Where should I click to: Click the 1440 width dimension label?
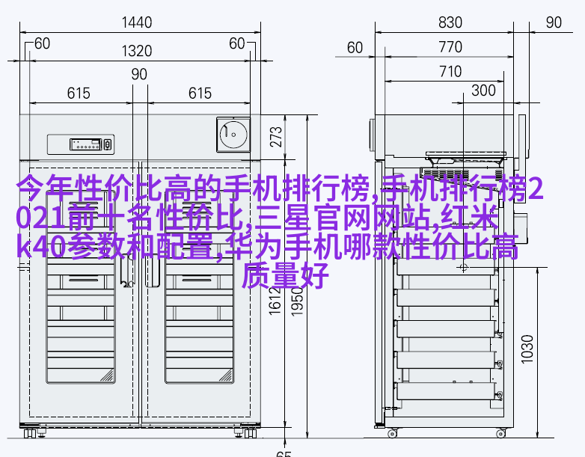click(137, 22)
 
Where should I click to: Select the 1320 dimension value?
click(137, 51)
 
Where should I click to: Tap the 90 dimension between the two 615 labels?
click(139, 74)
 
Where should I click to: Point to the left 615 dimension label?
click(79, 93)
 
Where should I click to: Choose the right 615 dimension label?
click(200, 93)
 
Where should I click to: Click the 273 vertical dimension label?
click(276, 137)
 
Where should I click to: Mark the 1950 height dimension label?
click(297, 302)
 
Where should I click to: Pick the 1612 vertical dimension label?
click(275, 301)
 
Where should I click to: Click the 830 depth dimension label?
click(450, 22)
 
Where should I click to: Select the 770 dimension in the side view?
click(450, 47)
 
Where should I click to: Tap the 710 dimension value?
click(450, 72)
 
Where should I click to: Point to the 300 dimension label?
click(483, 91)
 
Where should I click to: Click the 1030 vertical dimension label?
click(527, 349)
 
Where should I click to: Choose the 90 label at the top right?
click(554, 22)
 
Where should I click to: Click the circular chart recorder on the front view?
click(233, 135)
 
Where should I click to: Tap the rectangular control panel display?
click(85, 144)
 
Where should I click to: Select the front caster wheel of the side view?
click(392, 434)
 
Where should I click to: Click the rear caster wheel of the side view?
click(500, 434)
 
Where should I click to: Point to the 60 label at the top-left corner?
click(42, 43)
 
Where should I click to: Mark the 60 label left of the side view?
click(355, 48)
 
